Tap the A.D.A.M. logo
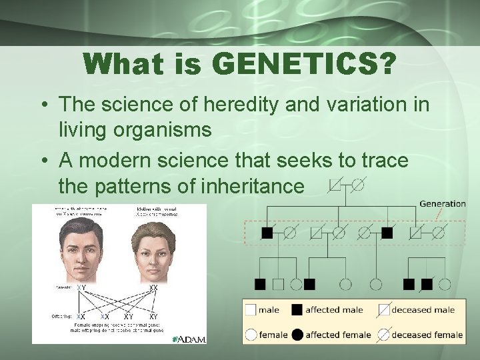point(189,339)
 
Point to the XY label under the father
point(81,287)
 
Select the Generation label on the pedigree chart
point(442,203)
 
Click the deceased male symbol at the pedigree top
point(336,183)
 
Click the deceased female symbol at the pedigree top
point(358,183)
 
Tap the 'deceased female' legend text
point(427,335)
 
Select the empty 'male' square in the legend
point(251,310)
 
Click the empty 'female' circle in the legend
point(251,334)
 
